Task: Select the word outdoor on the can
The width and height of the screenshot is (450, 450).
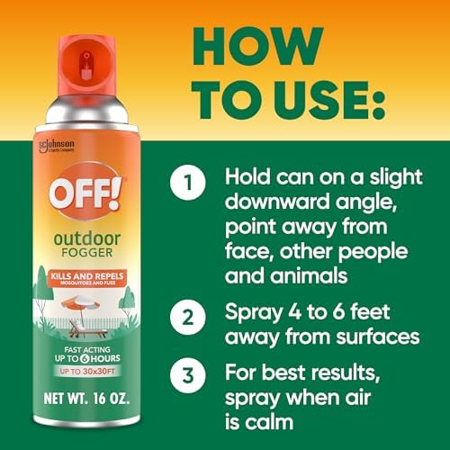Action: pos(86,215)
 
